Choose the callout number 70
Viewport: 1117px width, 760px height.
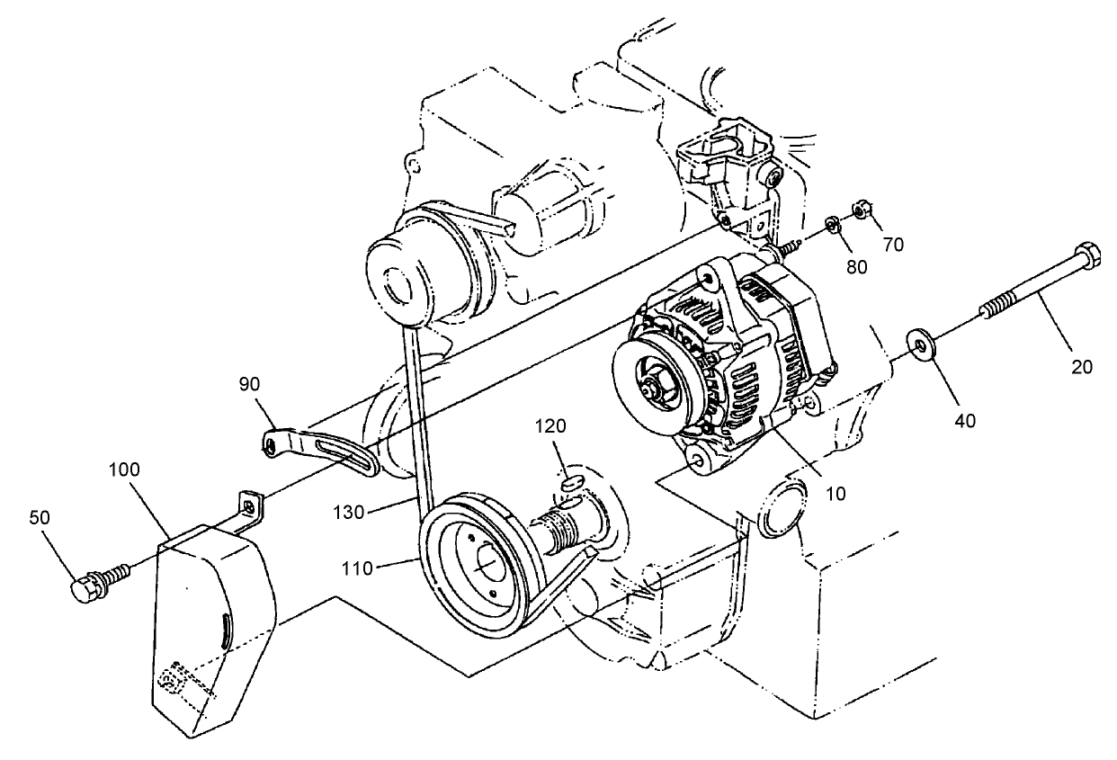(893, 243)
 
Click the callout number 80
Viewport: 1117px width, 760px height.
(856, 267)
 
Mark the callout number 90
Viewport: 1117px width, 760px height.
(249, 383)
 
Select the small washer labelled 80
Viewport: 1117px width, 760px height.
(833, 224)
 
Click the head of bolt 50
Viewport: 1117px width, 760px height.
(84, 587)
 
